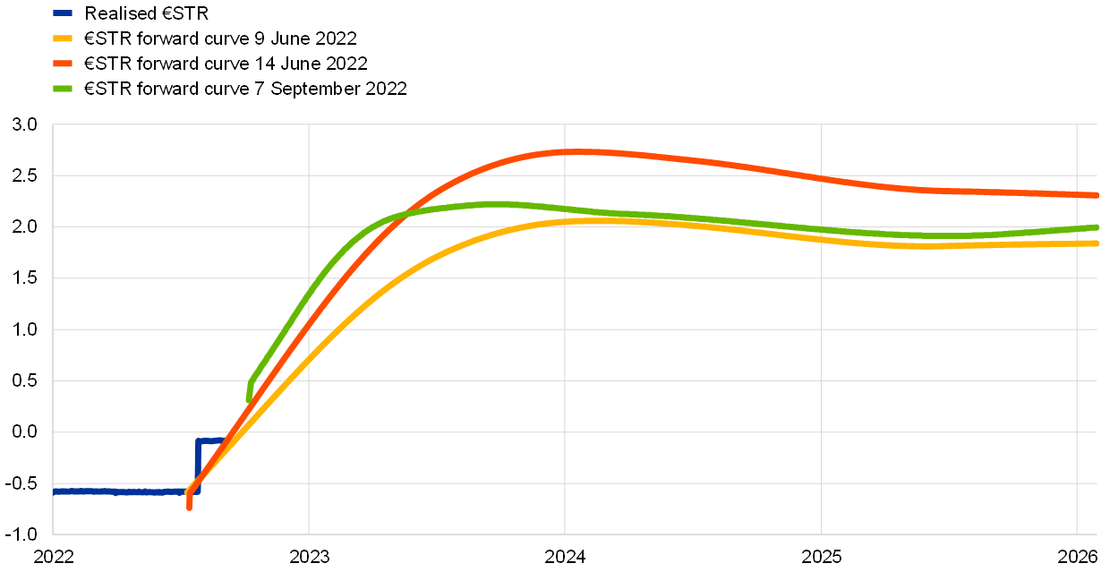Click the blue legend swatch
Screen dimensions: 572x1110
[x=63, y=13]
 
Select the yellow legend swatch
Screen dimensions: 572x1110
[x=63, y=38]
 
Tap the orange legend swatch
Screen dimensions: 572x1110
[x=63, y=64]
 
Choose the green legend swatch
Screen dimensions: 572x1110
[x=63, y=89]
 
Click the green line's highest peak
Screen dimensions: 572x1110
[x=495, y=204]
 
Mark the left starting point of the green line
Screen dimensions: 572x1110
[x=249, y=399]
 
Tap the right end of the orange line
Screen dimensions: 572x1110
[x=1096, y=194]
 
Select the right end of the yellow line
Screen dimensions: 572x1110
[x=1096, y=243]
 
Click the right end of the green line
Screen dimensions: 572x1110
[x=1096, y=227]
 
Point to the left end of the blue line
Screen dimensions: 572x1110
[x=55, y=491]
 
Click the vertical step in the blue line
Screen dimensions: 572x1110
[x=197, y=465]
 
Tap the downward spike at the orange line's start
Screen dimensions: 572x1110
[x=189, y=507]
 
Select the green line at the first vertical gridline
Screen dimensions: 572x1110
[x=309, y=294]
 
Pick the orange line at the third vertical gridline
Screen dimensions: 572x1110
[x=821, y=178]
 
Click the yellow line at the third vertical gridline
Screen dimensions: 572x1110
[x=821, y=238]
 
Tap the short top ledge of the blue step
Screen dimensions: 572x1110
[x=209, y=440]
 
